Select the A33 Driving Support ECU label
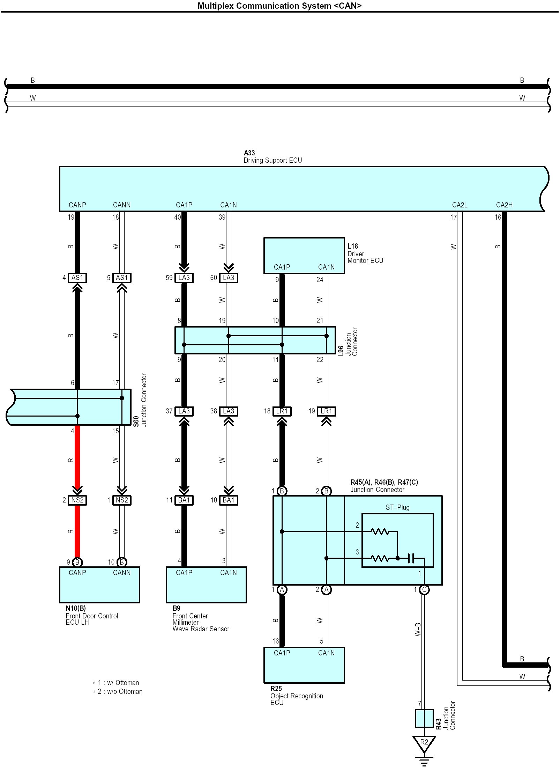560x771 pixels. pyautogui.click(x=272, y=156)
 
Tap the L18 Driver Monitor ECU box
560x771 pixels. pyautogui.click(x=304, y=256)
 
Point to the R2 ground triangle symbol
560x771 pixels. pyautogui.click(x=424, y=744)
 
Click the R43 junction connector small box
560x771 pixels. pyautogui.click(x=424, y=718)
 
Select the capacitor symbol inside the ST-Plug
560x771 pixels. pyautogui.click(x=411, y=558)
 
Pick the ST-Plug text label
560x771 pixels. pyautogui.click(x=397, y=507)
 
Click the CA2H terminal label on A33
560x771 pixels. pyautogui.click(x=504, y=205)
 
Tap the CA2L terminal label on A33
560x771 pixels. pyautogui.click(x=460, y=205)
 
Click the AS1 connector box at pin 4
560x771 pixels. pyautogui.click(x=77, y=278)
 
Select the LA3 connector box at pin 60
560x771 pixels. pyautogui.click(x=229, y=278)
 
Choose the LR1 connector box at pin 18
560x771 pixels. pyautogui.click(x=282, y=411)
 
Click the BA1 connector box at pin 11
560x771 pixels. pyautogui.click(x=184, y=500)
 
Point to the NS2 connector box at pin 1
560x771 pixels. pyautogui.click(x=122, y=500)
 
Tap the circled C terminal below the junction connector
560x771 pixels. pyautogui.click(x=424, y=590)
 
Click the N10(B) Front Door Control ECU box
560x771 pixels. pyautogui.click(x=99, y=585)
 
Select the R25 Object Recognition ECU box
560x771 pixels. pyautogui.click(x=304, y=665)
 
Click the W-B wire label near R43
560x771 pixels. pyautogui.click(x=418, y=629)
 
